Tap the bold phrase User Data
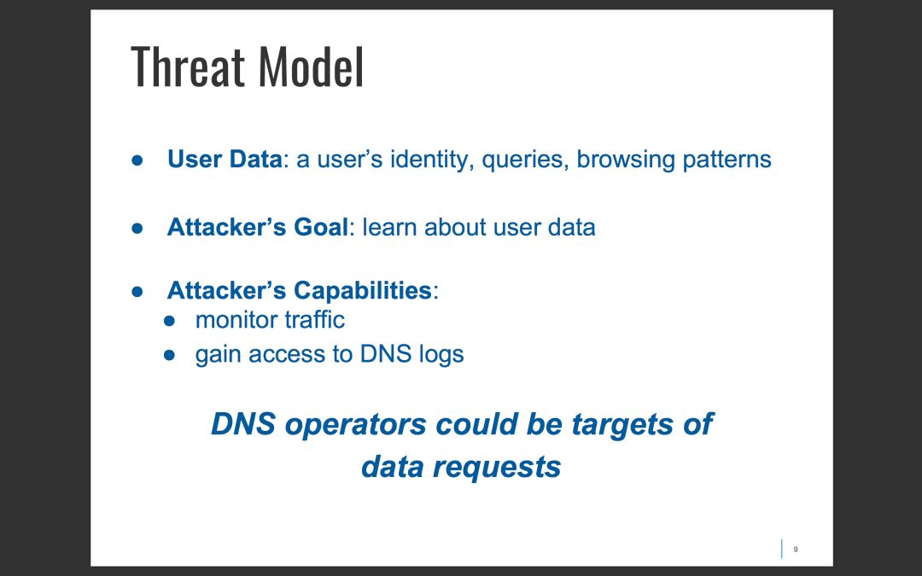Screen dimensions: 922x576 [225, 160]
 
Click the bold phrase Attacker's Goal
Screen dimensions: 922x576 [258, 228]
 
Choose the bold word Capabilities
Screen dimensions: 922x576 [363, 290]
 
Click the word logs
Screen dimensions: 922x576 [440, 354]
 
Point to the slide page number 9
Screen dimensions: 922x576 [796, 550]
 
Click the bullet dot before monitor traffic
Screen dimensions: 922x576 [169, 321]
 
